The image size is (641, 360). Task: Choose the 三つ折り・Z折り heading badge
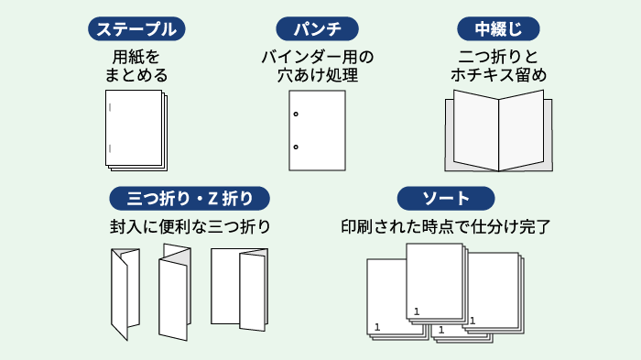click(190, 198)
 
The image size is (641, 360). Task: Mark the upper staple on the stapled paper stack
click(111, 109)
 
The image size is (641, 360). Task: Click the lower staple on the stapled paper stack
click(111, 147)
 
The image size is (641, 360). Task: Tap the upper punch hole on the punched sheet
click(296, 114)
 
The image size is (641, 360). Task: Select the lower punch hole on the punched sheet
click(296, 147)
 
